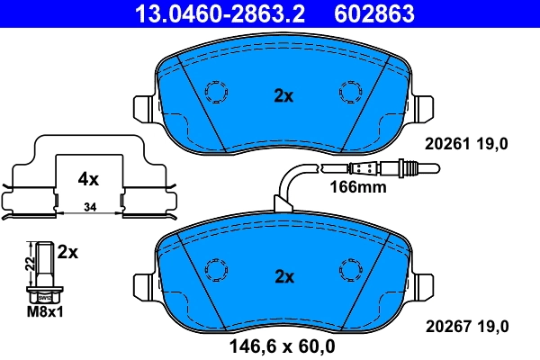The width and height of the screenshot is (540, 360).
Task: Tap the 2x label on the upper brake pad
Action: coord(283,96)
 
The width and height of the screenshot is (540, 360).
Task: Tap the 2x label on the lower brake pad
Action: coord(283,275)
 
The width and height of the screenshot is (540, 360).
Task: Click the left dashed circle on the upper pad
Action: coord(217,92)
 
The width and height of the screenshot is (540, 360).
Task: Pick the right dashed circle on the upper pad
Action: coord(349,92)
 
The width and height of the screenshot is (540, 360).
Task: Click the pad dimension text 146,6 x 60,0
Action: coord(283,346)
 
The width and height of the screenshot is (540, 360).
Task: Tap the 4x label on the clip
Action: coord(87,178)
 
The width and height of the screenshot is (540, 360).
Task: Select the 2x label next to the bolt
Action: coord(68,253)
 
